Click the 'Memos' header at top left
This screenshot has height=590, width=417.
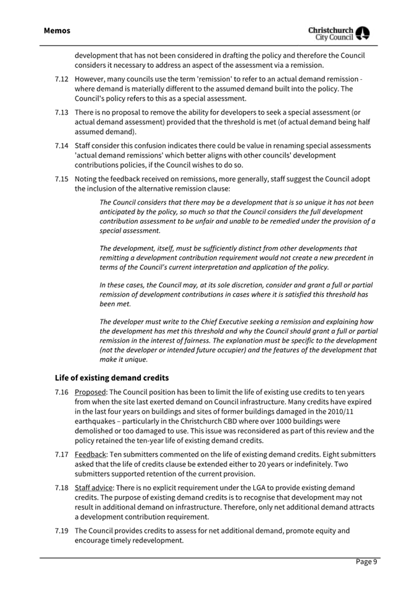click(x=57, y=30)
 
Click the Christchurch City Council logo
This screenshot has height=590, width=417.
click(x=339, y=33)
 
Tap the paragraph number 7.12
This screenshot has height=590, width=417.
click(x=61, y=79)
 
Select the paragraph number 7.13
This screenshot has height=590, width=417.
click(x=61, y=112)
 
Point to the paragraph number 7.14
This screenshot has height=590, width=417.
click(x=61, y=146)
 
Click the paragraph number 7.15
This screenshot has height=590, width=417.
click(x=61, y=179)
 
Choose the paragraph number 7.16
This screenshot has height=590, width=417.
click(x=61, y=392)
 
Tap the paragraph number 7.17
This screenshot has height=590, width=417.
click(x=61, y=455)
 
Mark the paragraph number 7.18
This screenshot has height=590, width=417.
click(x=61, y=488)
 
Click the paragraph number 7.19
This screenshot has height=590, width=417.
click(x=61, y=531)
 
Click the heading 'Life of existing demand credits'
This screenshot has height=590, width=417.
click(x=111, y=377)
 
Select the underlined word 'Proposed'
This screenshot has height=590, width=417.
click(x=90, y=392)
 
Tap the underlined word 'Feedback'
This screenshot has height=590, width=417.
click(x=91, y=455)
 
